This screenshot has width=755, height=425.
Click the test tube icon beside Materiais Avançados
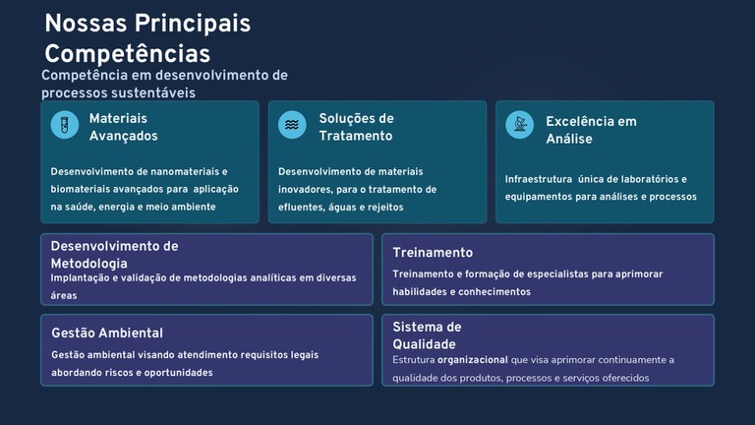click(x=65, y=125)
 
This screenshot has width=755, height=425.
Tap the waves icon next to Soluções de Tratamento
click(x=292, y=125)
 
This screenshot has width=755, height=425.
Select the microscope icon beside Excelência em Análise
click(x=519, y=125)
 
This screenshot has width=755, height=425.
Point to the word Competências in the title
click(x=127, y=53)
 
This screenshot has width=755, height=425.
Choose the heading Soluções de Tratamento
click(x=356, y=127)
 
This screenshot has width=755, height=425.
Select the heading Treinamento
click(x=433, y=253)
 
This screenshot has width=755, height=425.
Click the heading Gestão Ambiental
click(x=107, y=333)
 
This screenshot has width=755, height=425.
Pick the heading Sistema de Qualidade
click(x=427, y=335)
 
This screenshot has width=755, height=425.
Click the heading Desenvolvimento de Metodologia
click(x=114, y=255)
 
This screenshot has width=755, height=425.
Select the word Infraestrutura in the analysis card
click(x=538, y=179)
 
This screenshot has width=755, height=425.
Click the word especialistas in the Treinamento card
click(x=550, y=273)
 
